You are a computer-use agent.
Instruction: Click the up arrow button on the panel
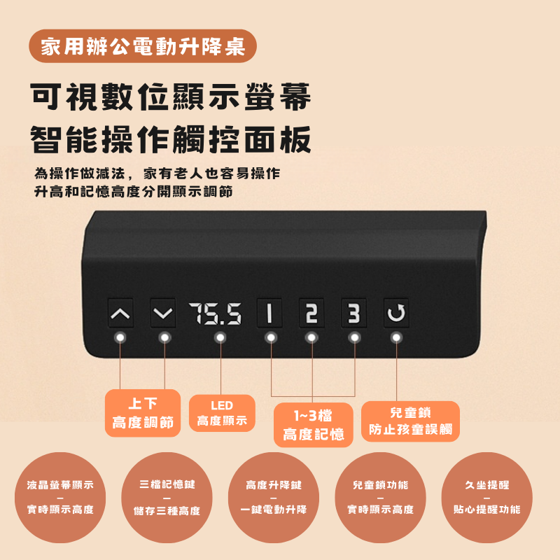click(120, 313)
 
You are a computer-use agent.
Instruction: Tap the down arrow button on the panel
click(163, 313)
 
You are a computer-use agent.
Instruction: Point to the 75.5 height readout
click(216, 314)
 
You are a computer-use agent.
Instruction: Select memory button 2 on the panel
click(311, 313)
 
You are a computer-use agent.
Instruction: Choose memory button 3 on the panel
click(353, 313)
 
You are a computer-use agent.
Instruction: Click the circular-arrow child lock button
click(396, 313)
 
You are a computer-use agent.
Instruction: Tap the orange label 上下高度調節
click(143, 413)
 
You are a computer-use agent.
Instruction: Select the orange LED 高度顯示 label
click(222, 413)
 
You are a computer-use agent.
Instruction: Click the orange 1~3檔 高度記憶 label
click(313, 425)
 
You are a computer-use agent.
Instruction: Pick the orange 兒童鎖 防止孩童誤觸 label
click(410, 421)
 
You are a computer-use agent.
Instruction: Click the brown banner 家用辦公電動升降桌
click(143, 46)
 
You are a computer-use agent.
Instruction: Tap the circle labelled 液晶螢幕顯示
click(60, 498)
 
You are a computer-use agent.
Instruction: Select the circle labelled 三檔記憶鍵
click(167, 498)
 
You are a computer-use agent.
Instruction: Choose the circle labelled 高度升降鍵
click(274, 498)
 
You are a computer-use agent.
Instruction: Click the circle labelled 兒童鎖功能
click(380, 498)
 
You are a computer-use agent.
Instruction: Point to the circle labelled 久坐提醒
click(486, 498)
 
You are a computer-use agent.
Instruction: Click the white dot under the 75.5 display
click(220, 337)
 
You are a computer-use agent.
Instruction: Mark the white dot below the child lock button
click(396, 337)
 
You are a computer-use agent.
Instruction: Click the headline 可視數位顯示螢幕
click(171, 97)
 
